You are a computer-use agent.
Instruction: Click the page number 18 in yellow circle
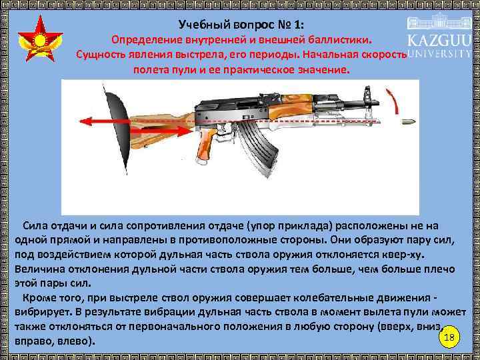449,337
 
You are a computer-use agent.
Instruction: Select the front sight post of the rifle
366,99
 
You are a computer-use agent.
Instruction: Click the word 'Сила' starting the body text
35,226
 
